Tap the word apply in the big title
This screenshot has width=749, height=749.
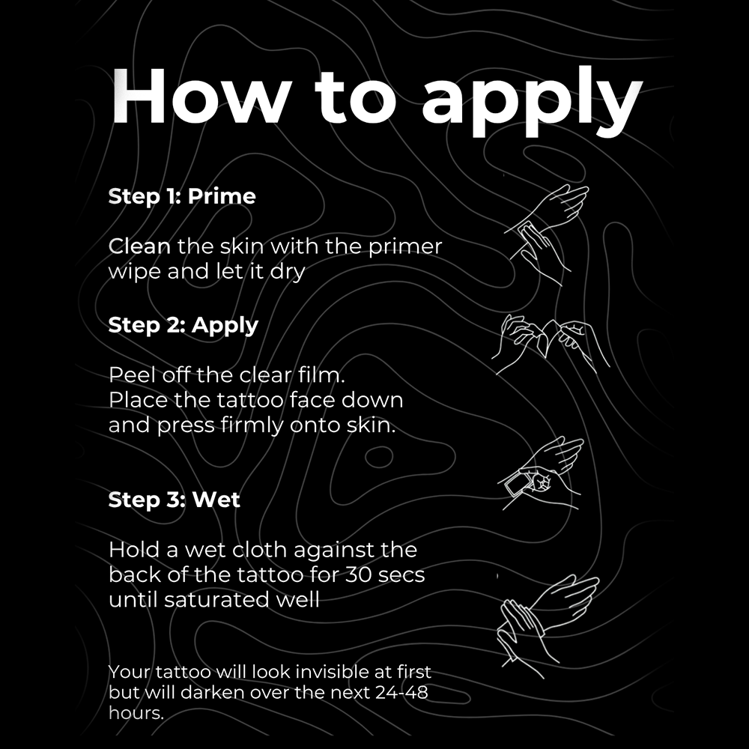(532, 102)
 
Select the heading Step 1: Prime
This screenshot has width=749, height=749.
(182, 196)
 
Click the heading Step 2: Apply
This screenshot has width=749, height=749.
(183, 326)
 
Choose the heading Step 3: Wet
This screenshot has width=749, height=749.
(174, 500)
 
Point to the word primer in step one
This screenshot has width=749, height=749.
(405, 247)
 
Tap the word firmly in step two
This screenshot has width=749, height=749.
(252, 425)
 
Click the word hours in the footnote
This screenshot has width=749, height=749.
(136, 713)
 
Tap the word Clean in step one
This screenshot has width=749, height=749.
(139, 247)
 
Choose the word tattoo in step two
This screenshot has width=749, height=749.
(250, 400)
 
